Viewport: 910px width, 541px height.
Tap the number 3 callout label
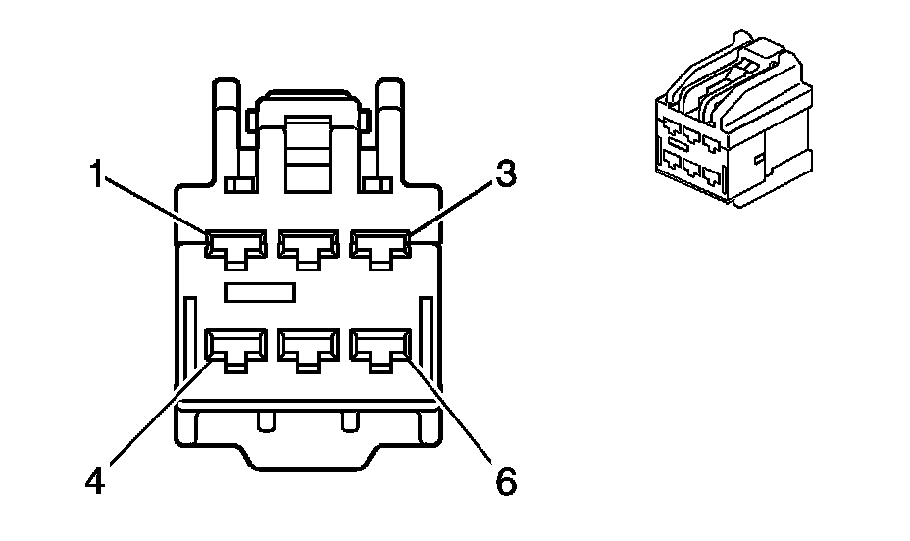click(x=505, y=174)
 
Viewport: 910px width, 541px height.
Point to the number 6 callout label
click(x=505, y=483)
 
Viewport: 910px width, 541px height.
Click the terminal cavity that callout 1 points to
click(x=236, y=246)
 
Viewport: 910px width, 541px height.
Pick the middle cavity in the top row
click(x=308, y=246)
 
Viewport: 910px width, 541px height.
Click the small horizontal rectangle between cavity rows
click(x=261, y=292)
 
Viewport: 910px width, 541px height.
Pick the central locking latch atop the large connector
click(x=308, y=147)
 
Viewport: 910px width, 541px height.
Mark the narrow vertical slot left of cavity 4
click(x=186, y=343)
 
